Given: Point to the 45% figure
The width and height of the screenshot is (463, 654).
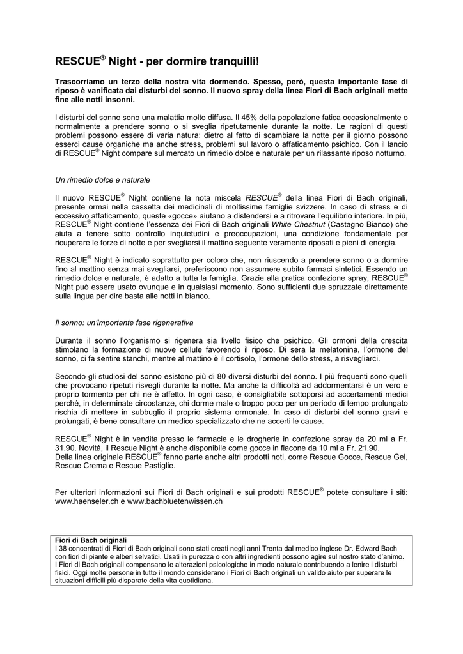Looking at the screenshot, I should [x=246, y=118].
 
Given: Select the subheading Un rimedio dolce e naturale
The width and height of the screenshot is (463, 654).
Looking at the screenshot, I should [x=103, y=181].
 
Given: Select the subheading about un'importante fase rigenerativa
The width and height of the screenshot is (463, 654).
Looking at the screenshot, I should [x=125, y=323].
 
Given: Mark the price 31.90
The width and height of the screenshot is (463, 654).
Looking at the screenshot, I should [x=67, y=448].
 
